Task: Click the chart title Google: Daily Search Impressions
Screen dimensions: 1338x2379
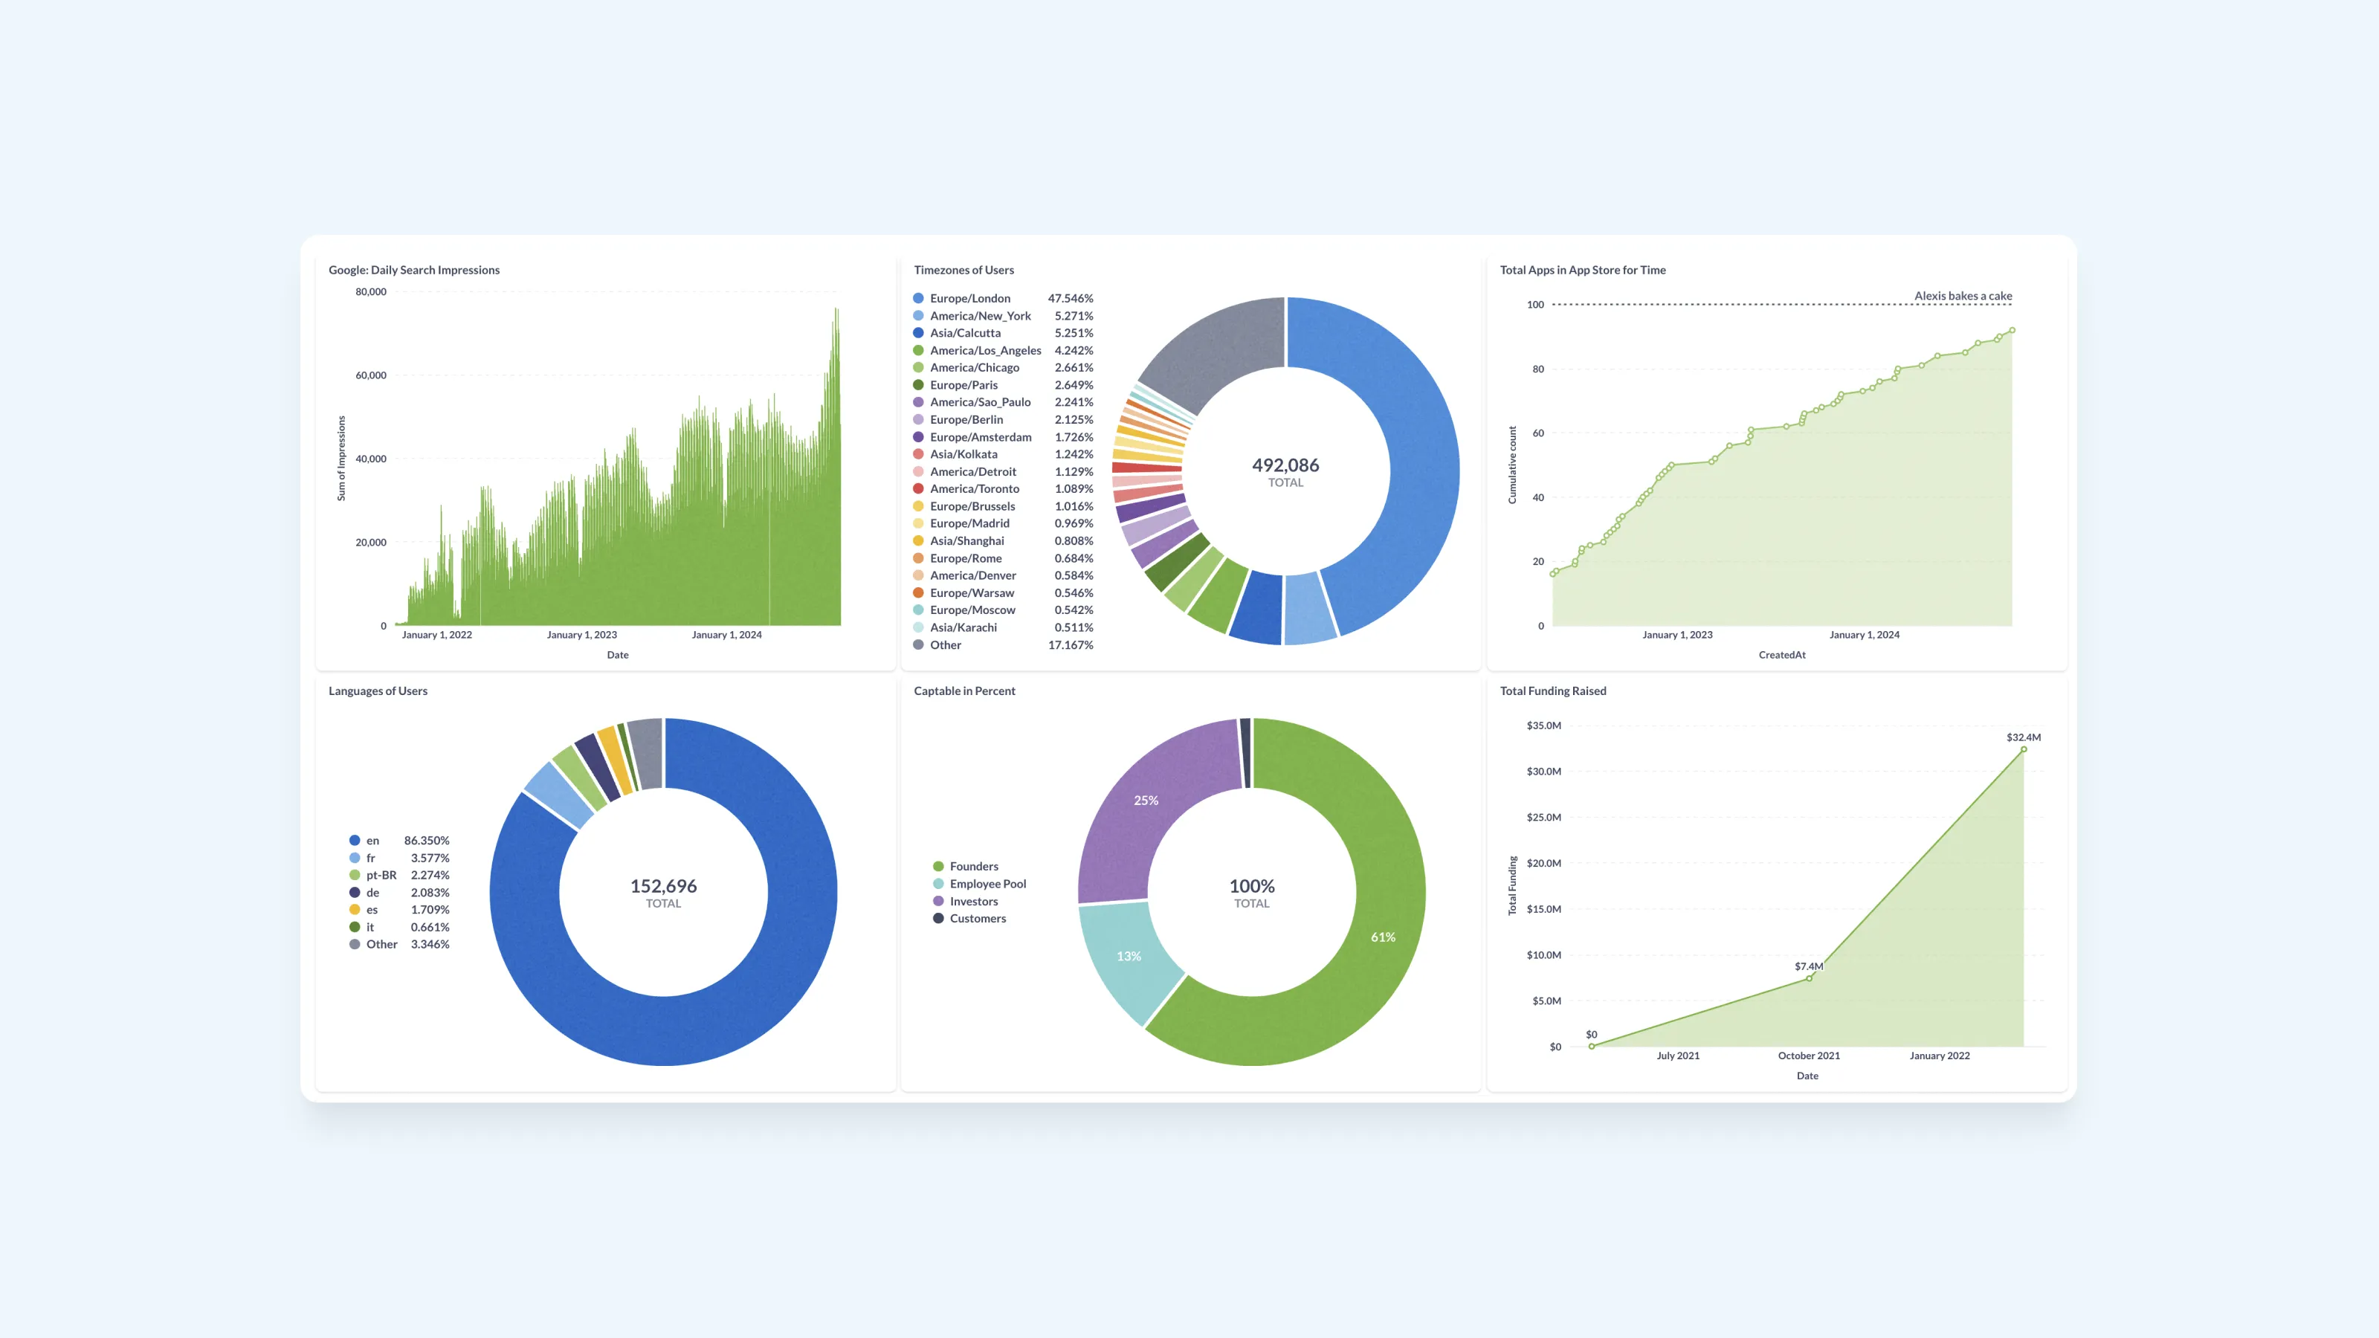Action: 414,270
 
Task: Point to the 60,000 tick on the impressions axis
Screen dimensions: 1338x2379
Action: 370,375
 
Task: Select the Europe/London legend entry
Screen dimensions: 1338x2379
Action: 969,298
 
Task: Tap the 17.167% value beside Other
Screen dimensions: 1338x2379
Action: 1070,644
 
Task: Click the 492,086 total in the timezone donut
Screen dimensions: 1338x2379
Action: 1285,465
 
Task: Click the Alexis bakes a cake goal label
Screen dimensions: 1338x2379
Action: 1963,296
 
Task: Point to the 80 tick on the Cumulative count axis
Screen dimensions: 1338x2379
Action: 1537,369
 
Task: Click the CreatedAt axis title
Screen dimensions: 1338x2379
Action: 1781,655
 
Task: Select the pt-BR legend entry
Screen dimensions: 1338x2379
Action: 381,874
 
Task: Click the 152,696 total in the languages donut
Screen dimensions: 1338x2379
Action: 663,885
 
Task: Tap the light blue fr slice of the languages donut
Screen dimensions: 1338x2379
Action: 558,794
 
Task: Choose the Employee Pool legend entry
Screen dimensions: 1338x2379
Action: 987,884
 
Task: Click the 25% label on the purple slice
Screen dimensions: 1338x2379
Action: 1145,800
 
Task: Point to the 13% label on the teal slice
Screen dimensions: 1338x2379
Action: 1129,956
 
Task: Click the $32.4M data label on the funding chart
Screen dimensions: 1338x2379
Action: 2022,737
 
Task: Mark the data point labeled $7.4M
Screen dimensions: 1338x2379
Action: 1808,978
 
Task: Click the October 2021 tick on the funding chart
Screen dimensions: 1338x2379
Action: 1808,1056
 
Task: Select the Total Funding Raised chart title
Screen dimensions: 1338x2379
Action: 1552,691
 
